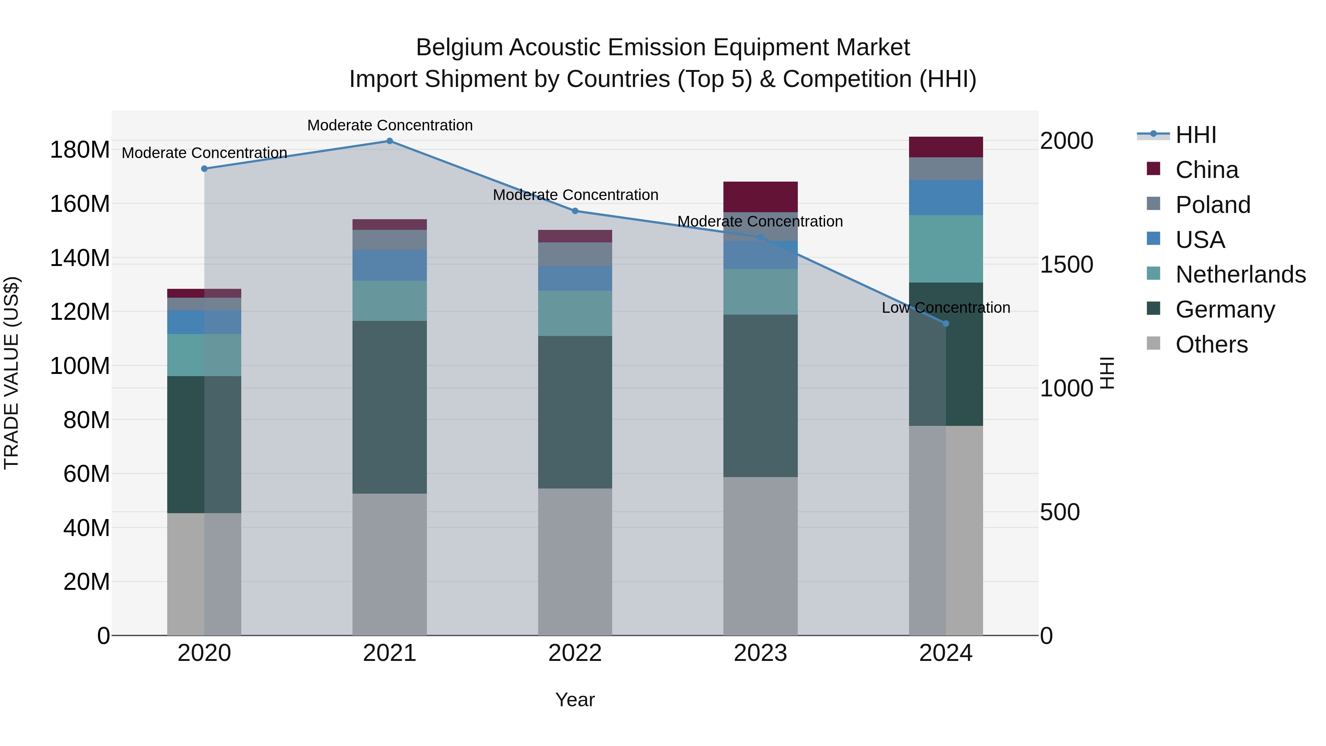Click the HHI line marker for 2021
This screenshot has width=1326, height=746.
(x=390, y=141)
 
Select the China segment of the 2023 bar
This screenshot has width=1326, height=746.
(x=760, y=197)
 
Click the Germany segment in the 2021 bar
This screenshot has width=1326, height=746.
(x=390, y=407)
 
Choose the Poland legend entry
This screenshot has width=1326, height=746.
(x=1212, y=205)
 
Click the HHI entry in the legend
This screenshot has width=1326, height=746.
(x=1195, y=135)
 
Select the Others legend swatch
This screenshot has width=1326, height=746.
(x=1154, y=343)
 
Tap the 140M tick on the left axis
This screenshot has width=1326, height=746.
(x=80, y=258)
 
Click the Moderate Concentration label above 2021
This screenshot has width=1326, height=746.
(x=390, y=126)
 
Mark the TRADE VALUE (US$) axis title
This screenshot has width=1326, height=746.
(x=11, y=373)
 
